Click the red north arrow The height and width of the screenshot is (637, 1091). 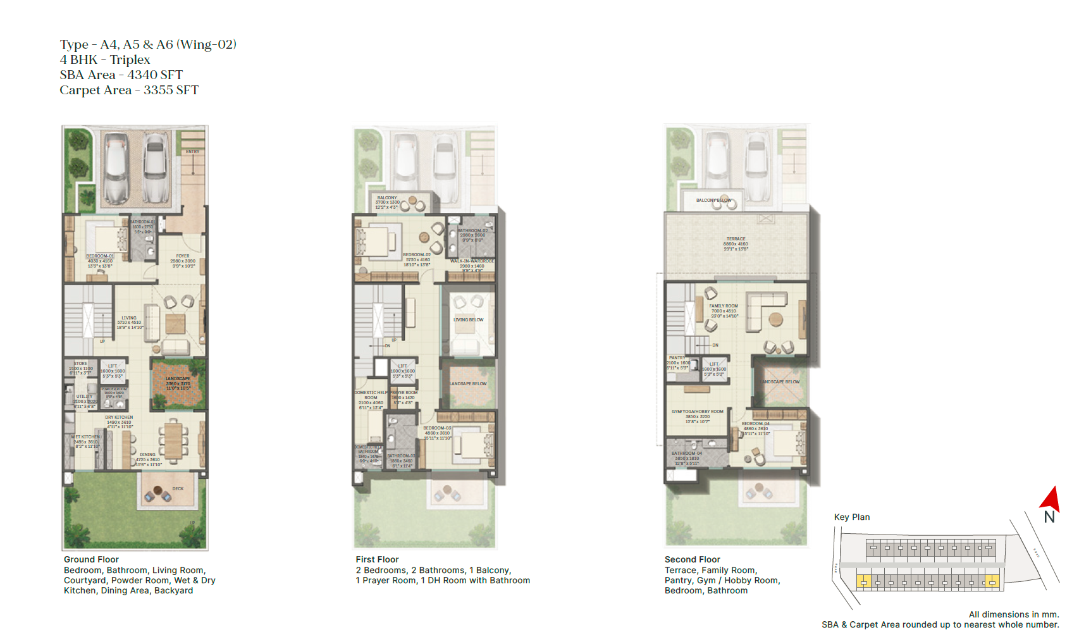pyautogui.click(x=1051, y=499)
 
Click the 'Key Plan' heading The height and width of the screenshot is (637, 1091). pyautogui.click(x=851, y=517)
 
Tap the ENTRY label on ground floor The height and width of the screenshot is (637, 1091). pyautogui.click(x=192, y=152)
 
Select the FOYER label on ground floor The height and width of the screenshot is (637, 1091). pyautogui.click(x=183, y=256)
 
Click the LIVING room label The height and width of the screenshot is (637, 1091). pyautogui.click(x=129, y=318)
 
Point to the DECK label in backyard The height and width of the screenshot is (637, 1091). pyautogui.click(x=178, y=488)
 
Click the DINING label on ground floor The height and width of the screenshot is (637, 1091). pyautogui.click(x=147, y=454)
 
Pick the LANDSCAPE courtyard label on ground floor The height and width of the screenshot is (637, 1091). pyautogui.click(x=178, y=378)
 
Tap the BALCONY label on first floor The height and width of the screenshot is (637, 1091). pyautogui.click(x=387, y=198)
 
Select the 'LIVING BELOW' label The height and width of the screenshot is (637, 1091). pyautogui.click(x=468, y=320)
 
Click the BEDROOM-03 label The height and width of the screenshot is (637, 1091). pyautogui.click(x=437, y=428)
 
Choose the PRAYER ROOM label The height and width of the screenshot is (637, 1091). pyautogui.click(x=404, y=393)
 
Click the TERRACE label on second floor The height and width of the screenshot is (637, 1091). pyautogui.click(x=736, y=239)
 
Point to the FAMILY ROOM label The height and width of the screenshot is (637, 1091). pyautogui.click(x=723, y=306)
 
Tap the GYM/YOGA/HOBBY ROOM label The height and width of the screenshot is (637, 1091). pyautogui.click(x=697, y=412)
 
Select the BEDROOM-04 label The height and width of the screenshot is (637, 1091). pyautogui.click(x=756, y=424)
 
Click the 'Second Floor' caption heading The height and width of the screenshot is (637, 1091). pyautogui.click(x=692, y=559)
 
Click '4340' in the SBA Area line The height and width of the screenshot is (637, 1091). pyautogui.click(x=142, y=75)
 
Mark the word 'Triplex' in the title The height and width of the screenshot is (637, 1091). pyautogui.click(x=130, y=59)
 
